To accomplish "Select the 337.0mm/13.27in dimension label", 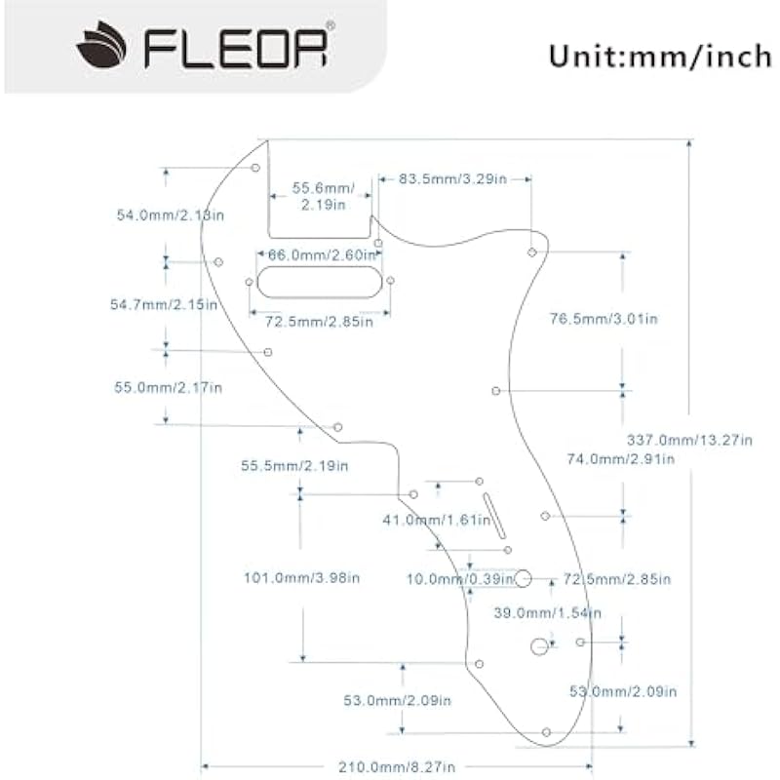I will click(x=688, y=441).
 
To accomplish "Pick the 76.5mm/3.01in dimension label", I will click(x=604, y=319).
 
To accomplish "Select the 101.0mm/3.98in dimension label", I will click(x=301, y=578).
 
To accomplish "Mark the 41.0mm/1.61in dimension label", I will click(x=436, y=521).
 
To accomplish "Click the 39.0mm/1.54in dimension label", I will click(x=546, y=613).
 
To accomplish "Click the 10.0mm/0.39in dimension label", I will click(x=460, y=579).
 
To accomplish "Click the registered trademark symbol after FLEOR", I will click(x=330, y=24).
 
